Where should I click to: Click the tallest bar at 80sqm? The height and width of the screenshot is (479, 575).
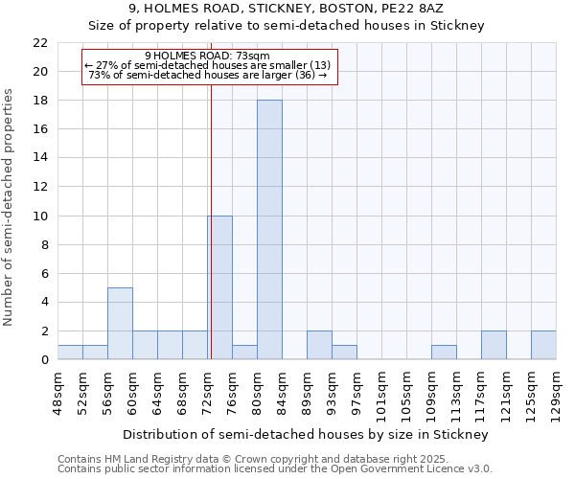tap(269, 230)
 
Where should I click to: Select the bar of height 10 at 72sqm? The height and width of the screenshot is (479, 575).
tap(219, 287)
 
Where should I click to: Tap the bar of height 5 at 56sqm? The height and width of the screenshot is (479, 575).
tap(120, 323)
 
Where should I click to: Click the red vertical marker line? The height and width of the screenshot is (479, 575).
tap(210, 239)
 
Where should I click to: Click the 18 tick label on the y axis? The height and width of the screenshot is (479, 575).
tap(40, 101)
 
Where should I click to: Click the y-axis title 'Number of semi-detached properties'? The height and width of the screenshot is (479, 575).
tap(10, 207)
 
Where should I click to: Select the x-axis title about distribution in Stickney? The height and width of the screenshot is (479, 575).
tap(307, 434)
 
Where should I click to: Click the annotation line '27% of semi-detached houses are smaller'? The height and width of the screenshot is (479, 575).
tap(209, 65)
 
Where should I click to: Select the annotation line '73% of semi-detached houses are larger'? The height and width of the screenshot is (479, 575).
tap(209, 75)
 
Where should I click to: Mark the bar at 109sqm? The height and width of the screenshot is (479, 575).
tap(444, 352)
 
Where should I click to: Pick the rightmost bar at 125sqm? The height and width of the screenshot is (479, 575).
tap(543, 345)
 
